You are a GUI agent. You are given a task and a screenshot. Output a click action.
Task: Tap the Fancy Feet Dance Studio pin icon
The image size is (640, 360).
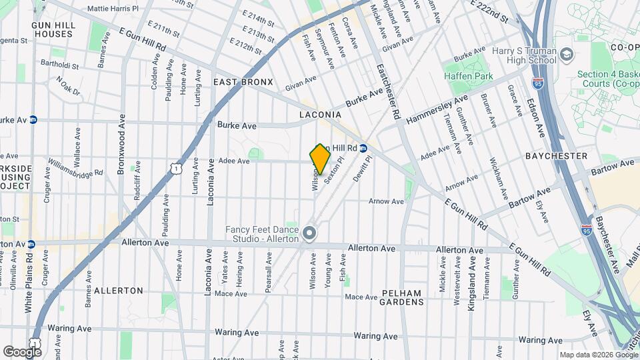click(309, 233)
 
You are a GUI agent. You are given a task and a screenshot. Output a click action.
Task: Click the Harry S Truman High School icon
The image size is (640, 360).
click(567, 53)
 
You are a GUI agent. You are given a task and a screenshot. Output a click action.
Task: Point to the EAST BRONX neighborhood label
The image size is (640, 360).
click(243, 82)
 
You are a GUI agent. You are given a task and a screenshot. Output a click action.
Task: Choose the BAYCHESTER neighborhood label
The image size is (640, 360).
click(556, 156)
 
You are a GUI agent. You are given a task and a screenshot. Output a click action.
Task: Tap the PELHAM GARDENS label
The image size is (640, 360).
click(402, 297)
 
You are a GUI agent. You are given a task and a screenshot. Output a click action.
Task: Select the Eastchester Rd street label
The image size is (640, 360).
click(387, 93)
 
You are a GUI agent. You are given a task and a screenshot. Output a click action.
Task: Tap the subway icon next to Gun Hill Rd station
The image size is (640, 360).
click(363, 148)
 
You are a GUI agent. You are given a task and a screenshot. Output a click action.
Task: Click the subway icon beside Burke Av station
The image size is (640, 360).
click(33, 120)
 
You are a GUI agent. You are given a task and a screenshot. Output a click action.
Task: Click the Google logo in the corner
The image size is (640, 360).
click(21, 351)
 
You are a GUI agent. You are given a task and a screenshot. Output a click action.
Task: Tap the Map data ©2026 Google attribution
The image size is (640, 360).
click(598, 355)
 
